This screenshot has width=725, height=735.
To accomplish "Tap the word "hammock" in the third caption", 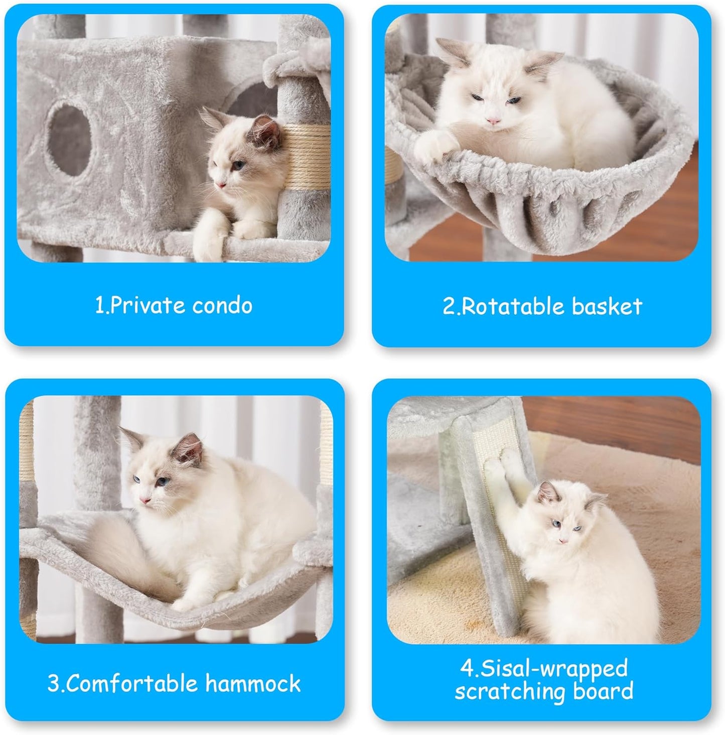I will coord(253,684).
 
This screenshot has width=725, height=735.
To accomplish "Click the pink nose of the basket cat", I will coord(494,121).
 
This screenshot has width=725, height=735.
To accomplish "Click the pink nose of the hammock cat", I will coord(146,501).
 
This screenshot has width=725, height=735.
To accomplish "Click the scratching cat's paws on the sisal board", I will coord(507,461).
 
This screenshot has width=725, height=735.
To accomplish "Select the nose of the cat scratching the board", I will coord(562,540).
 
